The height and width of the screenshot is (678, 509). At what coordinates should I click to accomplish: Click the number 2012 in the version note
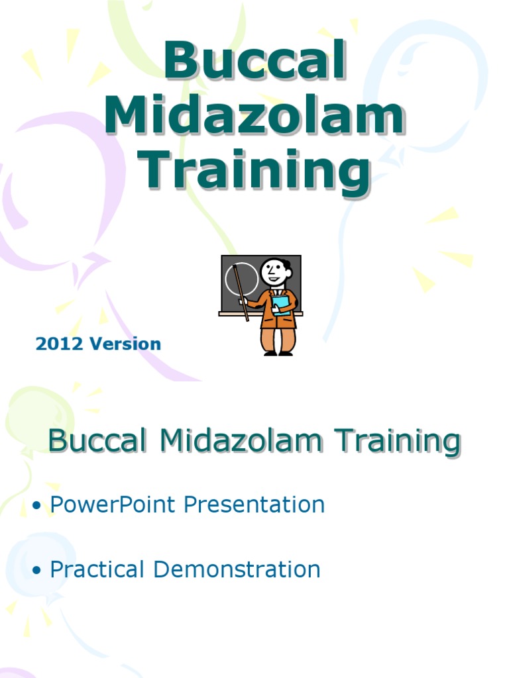click(x=60, y=344)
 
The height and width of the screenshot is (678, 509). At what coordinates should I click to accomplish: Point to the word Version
click(x=126, y=344)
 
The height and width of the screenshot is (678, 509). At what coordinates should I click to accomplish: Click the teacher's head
click(x=274, y=271)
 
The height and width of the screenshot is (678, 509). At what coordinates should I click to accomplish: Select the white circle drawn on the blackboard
click(x=242, y=278)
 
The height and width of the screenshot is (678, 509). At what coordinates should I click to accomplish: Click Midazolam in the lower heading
click(x=239, y=442)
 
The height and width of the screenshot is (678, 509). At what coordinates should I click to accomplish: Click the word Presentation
click(x=254, y=505)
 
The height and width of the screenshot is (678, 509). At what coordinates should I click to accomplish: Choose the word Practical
click(x=97, y=569)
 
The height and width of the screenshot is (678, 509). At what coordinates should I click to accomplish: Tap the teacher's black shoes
click(x=278, y=354)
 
